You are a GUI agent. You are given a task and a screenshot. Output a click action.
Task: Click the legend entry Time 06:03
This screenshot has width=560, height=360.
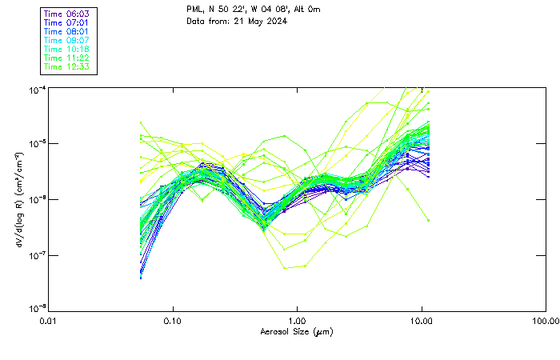point(67,14)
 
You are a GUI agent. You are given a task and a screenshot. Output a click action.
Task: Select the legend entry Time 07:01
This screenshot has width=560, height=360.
point(67,22)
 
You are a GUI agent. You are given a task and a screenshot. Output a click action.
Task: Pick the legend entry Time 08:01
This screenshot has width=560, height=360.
point(67,31)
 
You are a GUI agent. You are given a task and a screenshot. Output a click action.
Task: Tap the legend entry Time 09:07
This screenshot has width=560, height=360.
point(67,40)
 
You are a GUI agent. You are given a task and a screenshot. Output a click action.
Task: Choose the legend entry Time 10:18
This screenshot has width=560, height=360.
point(67,49)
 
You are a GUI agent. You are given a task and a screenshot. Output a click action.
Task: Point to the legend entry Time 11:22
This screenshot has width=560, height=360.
point(67,58)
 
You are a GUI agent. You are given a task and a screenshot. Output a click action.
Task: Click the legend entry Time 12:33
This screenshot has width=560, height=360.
point(67,66)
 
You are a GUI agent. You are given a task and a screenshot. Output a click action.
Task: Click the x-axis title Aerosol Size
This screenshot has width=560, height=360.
point(297,331)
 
